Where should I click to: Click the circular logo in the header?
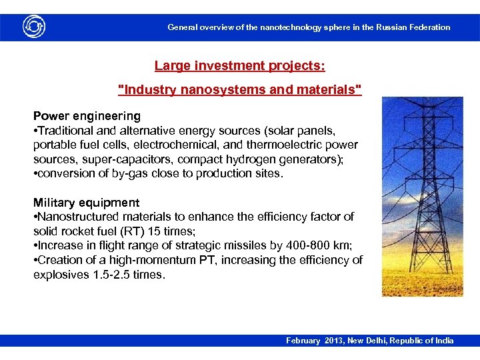[33, 27]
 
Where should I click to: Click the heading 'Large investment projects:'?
[240, 66]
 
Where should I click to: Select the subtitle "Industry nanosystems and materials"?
[240, 90]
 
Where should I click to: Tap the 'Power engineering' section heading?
[87, 116]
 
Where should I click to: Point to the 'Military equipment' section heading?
[87, 203]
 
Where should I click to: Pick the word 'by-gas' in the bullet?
[140, 174]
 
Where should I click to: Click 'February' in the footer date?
[303, 341]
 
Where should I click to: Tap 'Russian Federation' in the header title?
[413, 27]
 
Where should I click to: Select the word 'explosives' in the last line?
[61, 275]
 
